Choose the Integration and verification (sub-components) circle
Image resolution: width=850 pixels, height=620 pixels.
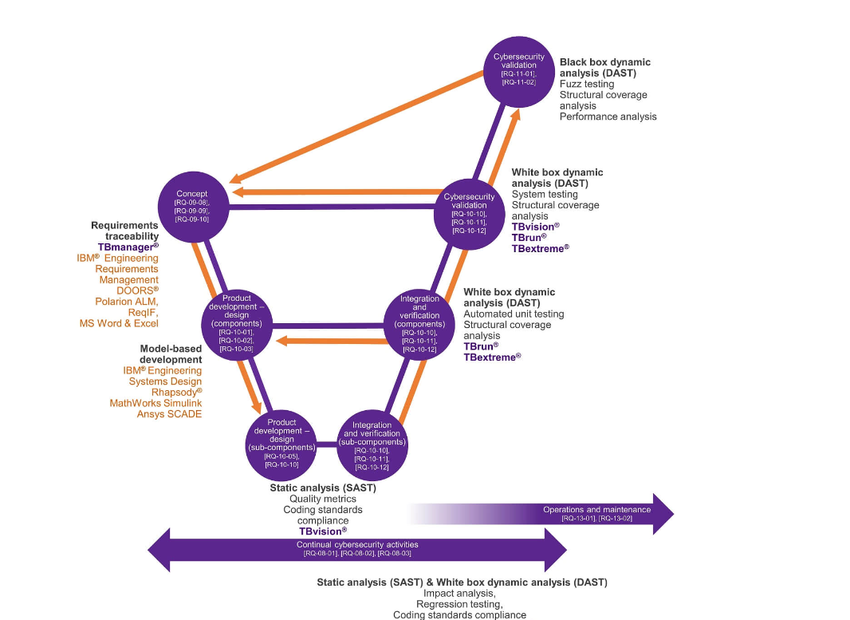pyautogui.click(x=372, y=445)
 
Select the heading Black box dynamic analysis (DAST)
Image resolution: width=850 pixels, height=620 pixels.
pyautogui.click(x=604, y=67)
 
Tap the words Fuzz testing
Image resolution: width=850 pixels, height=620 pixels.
pyautogui.click(x=587, y=84)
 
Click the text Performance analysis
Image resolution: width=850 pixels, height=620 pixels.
pyautogui.click(x=608, y=116)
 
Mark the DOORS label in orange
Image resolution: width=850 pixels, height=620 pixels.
pyautogui.click(x=137, y=290)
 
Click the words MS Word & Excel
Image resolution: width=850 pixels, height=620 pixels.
pyautogui.click(x=119, y=323)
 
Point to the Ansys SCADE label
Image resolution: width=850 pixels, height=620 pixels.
pyautogui.click(x=169, y=414)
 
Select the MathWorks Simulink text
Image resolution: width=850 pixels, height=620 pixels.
pyautogui.click(x=155, y=403)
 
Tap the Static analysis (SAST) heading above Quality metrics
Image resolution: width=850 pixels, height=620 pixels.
pyautogui.click(x=323, y=488)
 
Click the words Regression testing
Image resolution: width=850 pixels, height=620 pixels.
pyautogui.click(x=458, y=604)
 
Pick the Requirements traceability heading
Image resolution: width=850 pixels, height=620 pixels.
pyautogui.click(x=124, y=231)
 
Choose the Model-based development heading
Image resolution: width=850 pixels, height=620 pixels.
pyautogui.click(x=170, y=354)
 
